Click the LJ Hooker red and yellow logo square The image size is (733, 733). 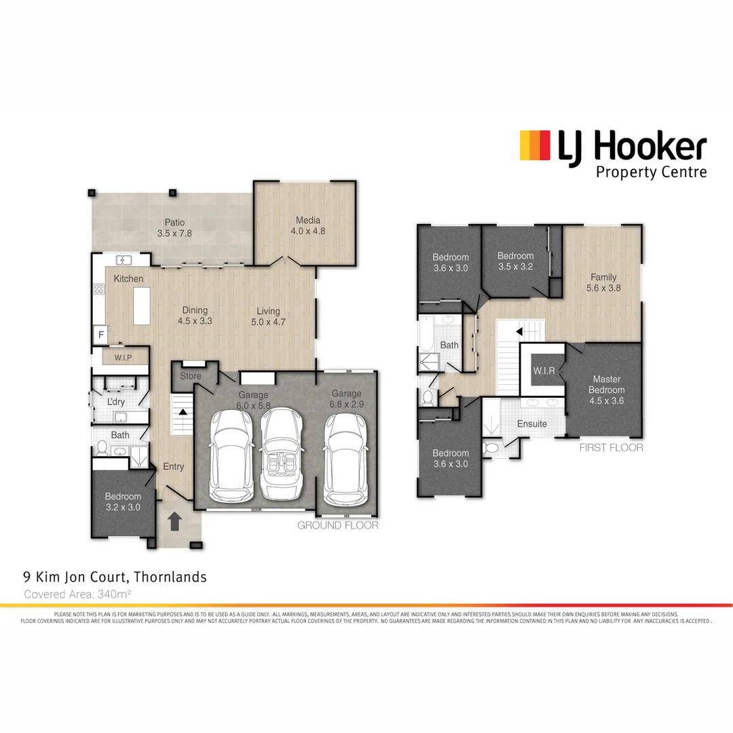[x=535, y=145]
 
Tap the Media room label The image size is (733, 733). [x=307, y=220]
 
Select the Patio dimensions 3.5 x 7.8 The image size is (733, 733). [x=174, y=233]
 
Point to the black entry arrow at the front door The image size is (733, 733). [x=174, y=521]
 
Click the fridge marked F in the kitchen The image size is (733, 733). [x=101, y=334]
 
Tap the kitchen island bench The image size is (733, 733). [x=141, y=306]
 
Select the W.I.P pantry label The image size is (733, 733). [x=123, y=356]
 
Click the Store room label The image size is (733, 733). [x=191, y=375]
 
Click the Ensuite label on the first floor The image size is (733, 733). [x=531, y=424]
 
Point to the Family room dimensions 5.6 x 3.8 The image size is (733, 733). [x=603, y=287]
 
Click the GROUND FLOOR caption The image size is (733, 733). [x=337, y=525]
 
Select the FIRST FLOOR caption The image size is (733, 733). [x=611, y=448]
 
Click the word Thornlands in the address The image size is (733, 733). [x=170, y=578]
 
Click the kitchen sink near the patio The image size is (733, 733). [x=124, y=259]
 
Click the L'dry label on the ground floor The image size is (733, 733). [x=116, y=402]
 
